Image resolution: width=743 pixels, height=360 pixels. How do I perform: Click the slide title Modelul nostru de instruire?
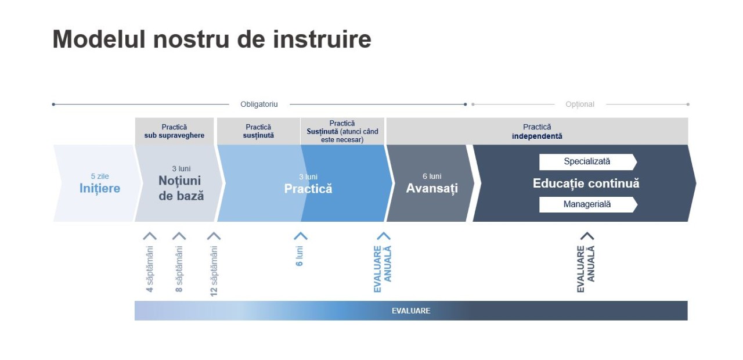tap(211, 39)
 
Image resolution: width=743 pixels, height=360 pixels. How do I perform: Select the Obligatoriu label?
tap(259, 105)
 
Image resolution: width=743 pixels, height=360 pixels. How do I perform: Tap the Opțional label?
tap(580, 105)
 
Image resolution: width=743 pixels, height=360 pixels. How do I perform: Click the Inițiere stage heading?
tap(100, 188)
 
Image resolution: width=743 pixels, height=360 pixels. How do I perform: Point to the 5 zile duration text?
tap(100, 176)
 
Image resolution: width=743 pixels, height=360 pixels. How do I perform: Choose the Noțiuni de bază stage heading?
tap(181, 188)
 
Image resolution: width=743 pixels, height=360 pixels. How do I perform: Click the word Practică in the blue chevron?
tap(308, 189)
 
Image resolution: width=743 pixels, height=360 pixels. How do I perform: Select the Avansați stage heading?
tap(432, 188)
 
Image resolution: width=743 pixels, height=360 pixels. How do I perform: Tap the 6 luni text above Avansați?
tap(432, 176)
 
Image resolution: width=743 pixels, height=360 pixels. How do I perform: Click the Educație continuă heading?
tap(586, 183)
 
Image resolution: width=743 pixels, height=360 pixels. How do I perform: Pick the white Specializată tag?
tap(587, 161)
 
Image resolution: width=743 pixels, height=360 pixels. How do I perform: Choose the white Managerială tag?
tap(587, 204)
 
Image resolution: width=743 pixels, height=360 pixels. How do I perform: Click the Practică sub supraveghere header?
tap(174, 131)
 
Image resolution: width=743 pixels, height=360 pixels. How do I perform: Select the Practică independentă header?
tap(537, 131)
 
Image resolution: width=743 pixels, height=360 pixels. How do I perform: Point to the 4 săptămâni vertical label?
tap(150, 269)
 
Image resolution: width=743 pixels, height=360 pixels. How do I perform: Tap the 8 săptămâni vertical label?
tap(179, 269)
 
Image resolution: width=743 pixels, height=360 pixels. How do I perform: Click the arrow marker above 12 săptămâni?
tap(214, 236)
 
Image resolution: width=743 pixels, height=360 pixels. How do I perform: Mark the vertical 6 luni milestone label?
tap(300, 256)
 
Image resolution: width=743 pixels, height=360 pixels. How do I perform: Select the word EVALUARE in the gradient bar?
tap(411, 311)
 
